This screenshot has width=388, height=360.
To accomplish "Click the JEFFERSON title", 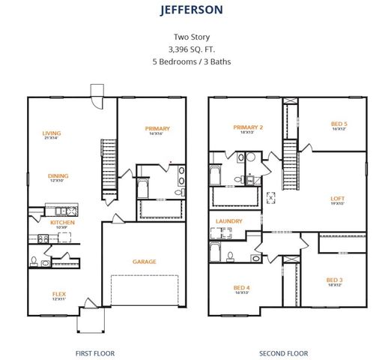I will [x=192, y=10].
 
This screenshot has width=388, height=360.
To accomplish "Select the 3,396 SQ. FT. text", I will [x=193, y=49].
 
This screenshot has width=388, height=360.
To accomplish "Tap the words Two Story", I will [x=193, y=36].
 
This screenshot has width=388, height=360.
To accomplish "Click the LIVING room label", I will [x=52, y=133].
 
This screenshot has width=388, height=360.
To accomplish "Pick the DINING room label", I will [x=58, y=176].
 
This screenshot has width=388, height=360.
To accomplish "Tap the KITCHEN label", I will [x=62, y=222].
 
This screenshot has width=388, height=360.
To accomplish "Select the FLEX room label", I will [x=58, y=293].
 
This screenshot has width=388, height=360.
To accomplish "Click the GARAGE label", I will [x=145, y=261].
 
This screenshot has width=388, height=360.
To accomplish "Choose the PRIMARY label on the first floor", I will [x=158, y=128].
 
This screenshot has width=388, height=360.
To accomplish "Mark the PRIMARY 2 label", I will [x=247, y=127].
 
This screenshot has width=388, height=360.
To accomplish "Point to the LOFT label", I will [x=338, y=199].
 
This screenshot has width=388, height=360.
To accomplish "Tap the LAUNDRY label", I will [x=228, y=220].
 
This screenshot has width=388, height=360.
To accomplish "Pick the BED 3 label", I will [x=334, y=280].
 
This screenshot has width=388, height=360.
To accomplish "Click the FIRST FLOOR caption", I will [x=95, y=352].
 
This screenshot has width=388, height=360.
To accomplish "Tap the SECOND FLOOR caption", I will [x=283, y=352].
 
